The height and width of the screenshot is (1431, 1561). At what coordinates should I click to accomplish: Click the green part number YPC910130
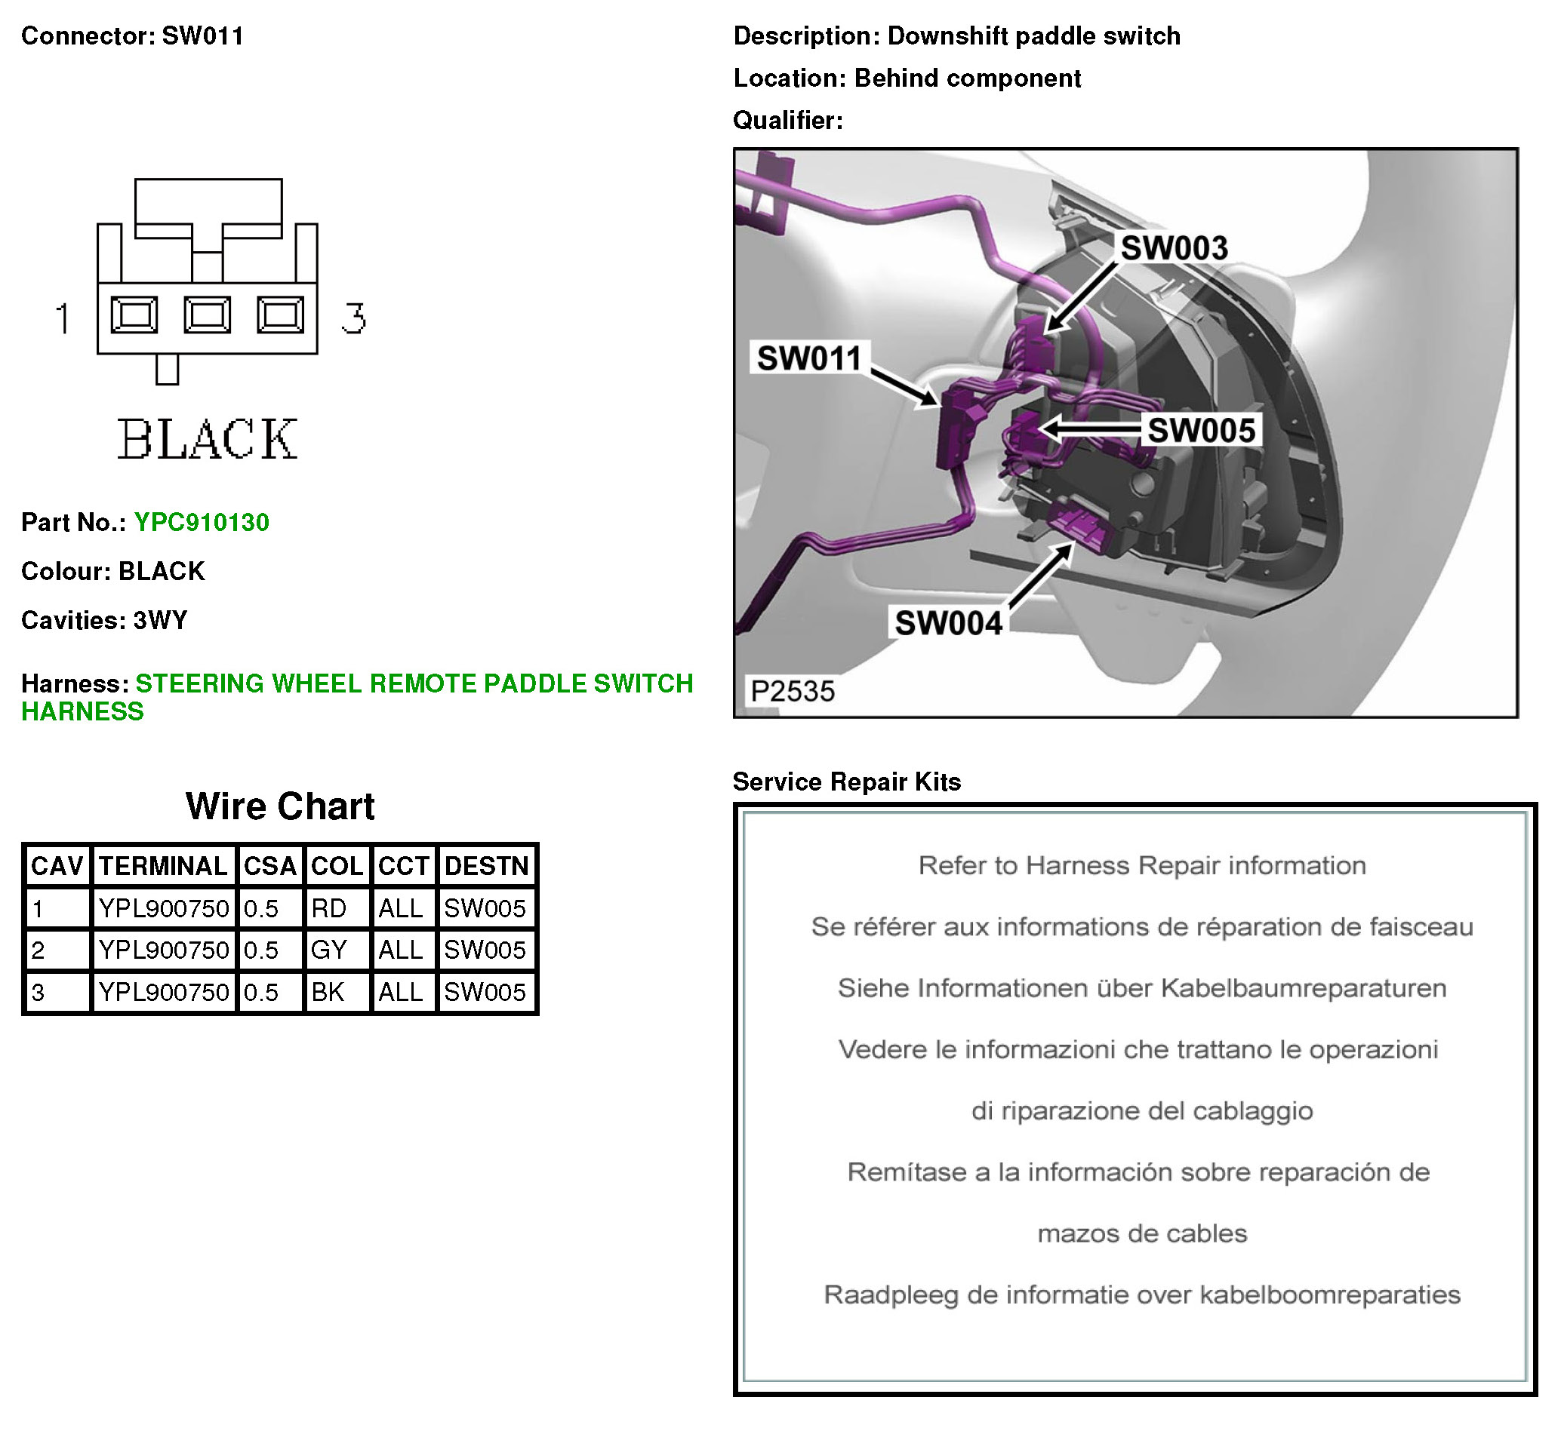[202, 523]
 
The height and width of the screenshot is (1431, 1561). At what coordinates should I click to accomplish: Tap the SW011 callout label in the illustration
[808, 358]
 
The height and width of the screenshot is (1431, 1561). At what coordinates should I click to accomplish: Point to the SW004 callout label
[948, 623]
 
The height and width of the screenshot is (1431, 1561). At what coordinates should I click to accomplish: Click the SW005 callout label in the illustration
[1201, 431]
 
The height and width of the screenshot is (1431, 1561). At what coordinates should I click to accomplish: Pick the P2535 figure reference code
[793, 692]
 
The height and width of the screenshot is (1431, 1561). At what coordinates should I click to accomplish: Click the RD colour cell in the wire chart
[329, 908]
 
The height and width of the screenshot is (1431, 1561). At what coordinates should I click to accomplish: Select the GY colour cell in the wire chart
[329, 950]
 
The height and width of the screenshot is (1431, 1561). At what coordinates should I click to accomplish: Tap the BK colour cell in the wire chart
[328, 992]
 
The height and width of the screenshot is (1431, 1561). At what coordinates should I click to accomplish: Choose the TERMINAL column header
[163, 866]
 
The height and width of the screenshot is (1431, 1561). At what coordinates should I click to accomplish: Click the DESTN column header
[487, 866]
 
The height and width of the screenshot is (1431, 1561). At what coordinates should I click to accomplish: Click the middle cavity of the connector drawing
[207, 315]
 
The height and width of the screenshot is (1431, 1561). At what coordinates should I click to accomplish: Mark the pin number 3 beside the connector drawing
[354, 318]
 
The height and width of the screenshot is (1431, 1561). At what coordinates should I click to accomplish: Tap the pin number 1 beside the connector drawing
[63, 318]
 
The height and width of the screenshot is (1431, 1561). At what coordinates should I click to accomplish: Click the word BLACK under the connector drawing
[207, 439]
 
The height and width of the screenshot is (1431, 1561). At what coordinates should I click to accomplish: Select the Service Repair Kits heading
[846, 782]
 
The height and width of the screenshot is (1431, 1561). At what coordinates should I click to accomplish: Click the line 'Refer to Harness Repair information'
[1142, 866]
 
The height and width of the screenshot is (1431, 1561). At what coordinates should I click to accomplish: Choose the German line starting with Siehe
[1142, 989]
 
